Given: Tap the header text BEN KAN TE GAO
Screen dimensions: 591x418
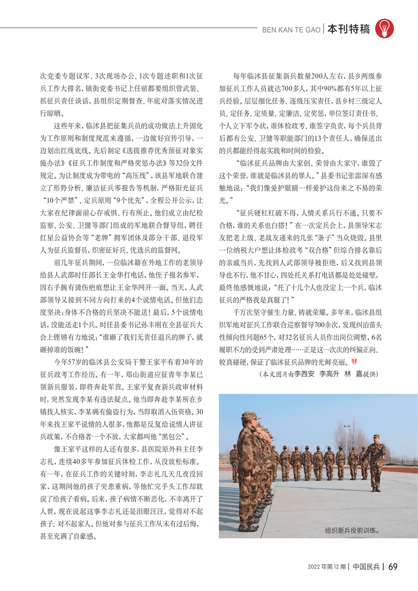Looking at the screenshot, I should pyautogui.click(x=291, y=29).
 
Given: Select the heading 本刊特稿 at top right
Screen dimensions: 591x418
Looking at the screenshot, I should pyautogui.click(x=348, y=29).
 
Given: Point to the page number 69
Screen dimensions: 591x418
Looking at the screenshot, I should pyautogui.click(x=393, y=567).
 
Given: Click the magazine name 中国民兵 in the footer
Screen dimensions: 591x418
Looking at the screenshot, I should pyautogui.click(x=365, y=567).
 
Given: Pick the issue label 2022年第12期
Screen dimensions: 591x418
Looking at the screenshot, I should pyautogui.click(x=326, y=567).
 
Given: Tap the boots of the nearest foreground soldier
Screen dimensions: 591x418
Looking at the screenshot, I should pyautogui.click(x=247, y=526).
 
